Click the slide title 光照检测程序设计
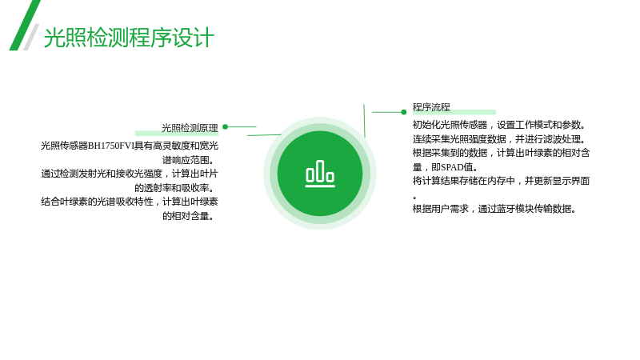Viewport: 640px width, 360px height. click(x=129, y=38)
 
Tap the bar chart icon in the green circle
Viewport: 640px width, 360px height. click(x=320, y=174)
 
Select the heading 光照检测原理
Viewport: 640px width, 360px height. click(x=190, y=128)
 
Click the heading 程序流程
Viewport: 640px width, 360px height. click(x=431, y=107)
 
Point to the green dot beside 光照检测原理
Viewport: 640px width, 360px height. click(x=226, y=127)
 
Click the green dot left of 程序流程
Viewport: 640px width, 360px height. click(x=404, y=112)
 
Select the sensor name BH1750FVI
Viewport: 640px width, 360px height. click(x=111, y=146)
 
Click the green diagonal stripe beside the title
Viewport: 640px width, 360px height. click(x=25, y=26)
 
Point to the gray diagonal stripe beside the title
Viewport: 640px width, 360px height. click(x=31, y=37)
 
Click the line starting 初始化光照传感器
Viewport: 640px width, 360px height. click(x=499, y=125)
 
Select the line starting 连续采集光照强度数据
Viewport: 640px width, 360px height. click(x=499, y=138)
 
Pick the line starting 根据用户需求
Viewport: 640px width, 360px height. click(x=494, y=209)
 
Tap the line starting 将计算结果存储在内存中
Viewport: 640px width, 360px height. click(x=501, y=181)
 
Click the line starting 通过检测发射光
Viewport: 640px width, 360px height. click(x=130, y=174)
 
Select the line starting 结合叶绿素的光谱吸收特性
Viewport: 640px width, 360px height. click(x=130, y=202)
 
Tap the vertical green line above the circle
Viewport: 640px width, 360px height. click(x=364, y=121)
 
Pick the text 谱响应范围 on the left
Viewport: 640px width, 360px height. click(x=186, y=160)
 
